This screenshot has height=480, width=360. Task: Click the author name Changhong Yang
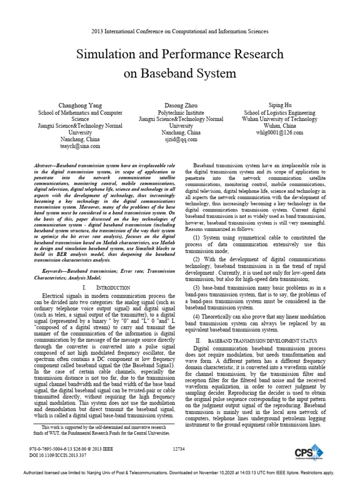tap(80, 106)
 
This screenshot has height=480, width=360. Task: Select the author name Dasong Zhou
tap(180, 106)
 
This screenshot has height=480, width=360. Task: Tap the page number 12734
tap(180, 449)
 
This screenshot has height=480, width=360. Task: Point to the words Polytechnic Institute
tap(180, 113)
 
